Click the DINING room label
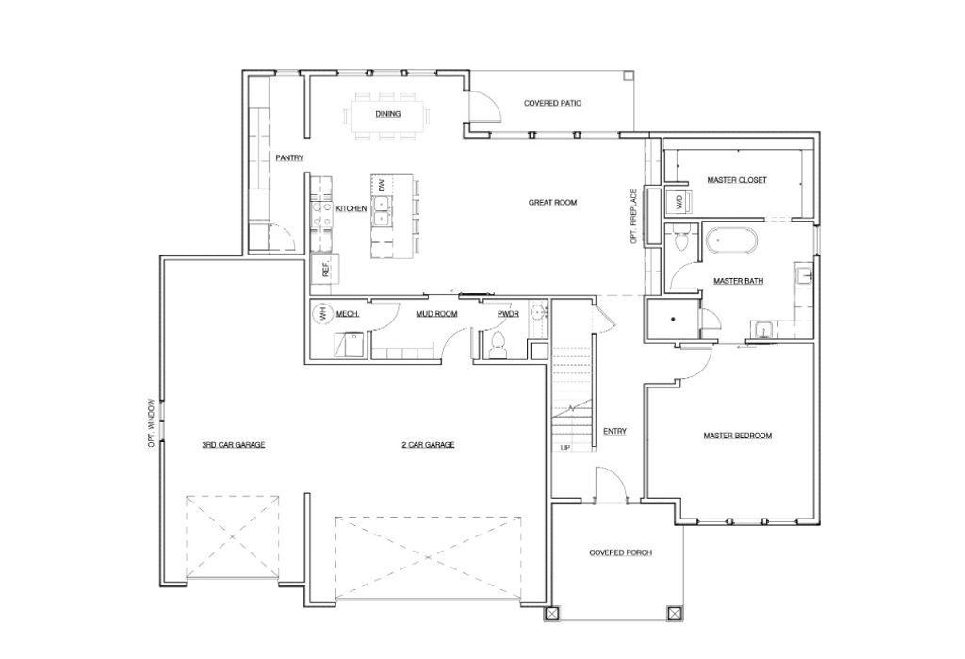pos(387,114)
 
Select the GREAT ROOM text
pos(552,202)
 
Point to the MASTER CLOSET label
pos(737,179)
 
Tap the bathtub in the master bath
pos(729,241)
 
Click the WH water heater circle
pos(321,314)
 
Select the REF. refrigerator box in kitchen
pos(326,269)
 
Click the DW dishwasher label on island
pos(382,187)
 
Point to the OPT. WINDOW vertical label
pos(151,423)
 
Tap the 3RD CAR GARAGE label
pos(233,444)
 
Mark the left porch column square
pos(552,614)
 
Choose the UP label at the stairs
pos(565,447)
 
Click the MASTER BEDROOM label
pos(738,436)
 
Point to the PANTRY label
pos(288,157)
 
